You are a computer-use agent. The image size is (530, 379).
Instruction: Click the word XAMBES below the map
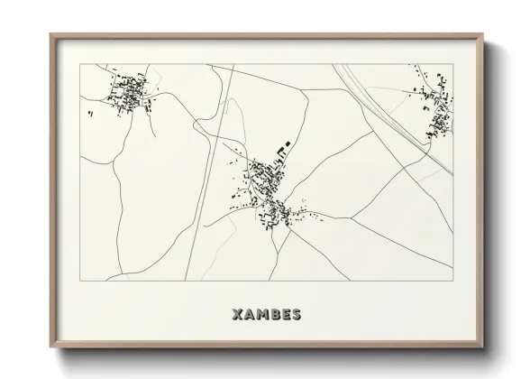click(x=267, y=316)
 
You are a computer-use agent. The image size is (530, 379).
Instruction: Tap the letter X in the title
click(x=238, y=316)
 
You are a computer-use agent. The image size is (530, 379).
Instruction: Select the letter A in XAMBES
click(x=250, y=316)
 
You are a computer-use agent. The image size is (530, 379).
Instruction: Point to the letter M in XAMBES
click(x=262, y=316)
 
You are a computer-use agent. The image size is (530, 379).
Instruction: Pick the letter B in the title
click(x=275, y=316)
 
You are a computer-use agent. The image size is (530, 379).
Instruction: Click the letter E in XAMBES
click(x=286, y=316)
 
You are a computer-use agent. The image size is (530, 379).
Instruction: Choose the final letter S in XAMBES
click(x=297, y=316)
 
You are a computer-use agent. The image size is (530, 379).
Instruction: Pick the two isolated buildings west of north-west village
click(x=93, y=113)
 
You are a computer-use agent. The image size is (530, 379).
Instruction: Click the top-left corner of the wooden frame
click(x=51, y=35)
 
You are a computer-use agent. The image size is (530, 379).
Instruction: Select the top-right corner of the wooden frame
click(x=484, y=35)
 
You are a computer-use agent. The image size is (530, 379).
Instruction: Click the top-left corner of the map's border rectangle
click(x=79, y=64)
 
